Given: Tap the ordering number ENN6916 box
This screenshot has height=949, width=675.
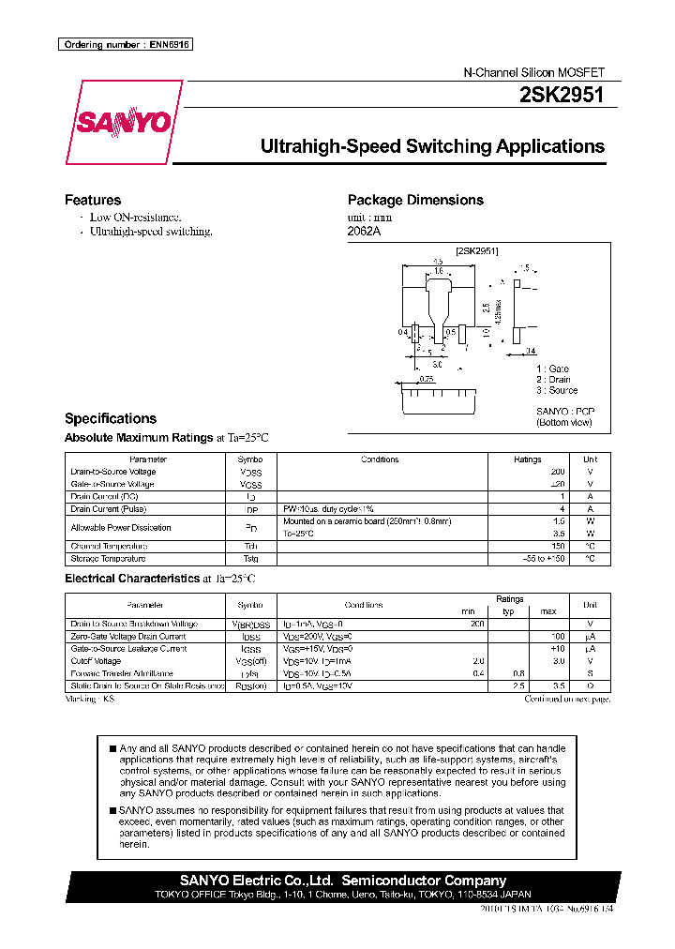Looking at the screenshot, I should pos(125,45).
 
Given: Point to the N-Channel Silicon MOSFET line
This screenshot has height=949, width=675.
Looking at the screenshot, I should pos(535,72).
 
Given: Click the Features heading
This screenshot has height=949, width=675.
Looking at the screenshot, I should pos(92,200).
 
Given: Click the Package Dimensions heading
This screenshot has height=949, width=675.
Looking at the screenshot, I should pos(415,200).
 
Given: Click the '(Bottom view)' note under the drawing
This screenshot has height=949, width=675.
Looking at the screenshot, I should pos(563,423).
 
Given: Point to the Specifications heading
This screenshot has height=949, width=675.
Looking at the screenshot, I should pos(110,418).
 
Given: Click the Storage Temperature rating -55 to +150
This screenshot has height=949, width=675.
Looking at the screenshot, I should pos(543,559).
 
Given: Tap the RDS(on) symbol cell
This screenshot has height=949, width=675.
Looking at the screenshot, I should pos(251,686).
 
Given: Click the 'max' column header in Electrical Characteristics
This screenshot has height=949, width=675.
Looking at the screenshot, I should pos(548,611).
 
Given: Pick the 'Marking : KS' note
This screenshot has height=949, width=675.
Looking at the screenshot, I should pos(90,700).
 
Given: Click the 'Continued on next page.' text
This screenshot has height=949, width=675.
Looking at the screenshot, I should pos(567,700).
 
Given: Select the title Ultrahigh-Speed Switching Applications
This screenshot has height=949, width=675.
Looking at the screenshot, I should pos(431,146).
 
